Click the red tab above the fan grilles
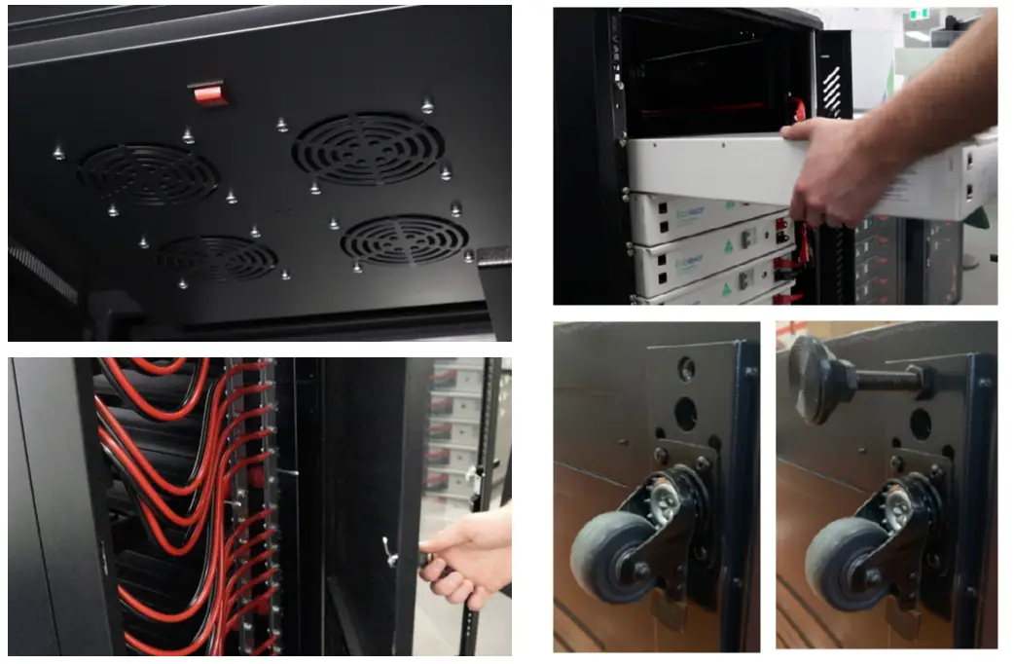(x=210, y=92)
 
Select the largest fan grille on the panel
(x=368, y=148)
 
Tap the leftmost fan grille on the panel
(x=148, y=174)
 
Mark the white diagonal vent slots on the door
(x=830, y=93)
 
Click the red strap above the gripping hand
(x=800, y=110)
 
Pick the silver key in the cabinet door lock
(x=391, y=553)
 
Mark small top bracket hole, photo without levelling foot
(x=686, y=368)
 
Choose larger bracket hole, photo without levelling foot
(x=686, y=413)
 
